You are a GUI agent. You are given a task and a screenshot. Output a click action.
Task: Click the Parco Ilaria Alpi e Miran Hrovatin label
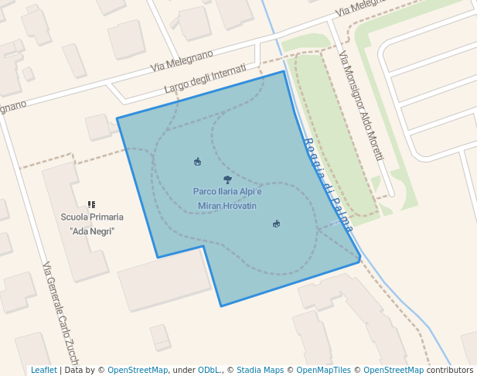coord(227,198)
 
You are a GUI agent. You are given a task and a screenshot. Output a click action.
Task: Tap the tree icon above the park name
coord(227,179)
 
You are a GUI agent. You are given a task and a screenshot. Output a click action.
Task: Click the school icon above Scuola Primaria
coord(91,204)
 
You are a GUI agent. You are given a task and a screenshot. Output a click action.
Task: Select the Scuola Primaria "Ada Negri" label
coord(92,224)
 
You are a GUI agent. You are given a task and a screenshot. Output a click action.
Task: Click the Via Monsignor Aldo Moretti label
coord(361,106)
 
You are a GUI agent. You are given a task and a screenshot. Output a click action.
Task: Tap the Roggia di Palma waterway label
coord(329,185)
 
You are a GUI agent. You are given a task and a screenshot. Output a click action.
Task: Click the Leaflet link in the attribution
coord(44,371)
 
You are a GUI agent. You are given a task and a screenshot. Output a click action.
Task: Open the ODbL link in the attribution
coord(211,371)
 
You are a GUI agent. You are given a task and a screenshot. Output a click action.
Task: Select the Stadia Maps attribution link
coord(260,371)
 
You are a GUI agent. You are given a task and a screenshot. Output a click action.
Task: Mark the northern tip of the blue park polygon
coord(284,71)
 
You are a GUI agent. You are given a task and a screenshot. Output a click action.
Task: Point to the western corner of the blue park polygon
coord(117,118)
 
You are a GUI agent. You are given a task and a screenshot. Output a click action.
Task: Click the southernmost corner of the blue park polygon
coord(222,306)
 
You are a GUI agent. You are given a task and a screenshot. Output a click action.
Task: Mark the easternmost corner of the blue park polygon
coord(360,260)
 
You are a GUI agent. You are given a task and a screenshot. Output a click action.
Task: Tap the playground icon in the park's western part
coord(197,161)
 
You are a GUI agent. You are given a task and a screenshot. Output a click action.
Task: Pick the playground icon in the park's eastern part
coord(276,224)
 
